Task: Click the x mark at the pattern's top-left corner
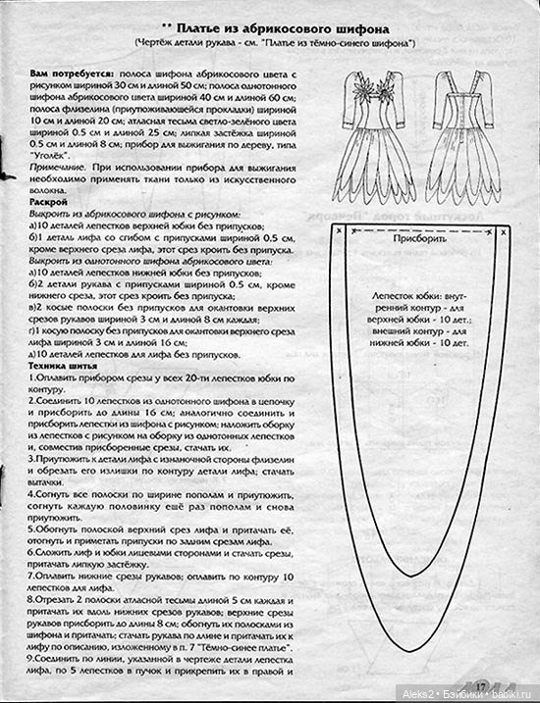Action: (x=337, y=231)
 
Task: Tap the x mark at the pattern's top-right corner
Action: (x=502, y=231)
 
